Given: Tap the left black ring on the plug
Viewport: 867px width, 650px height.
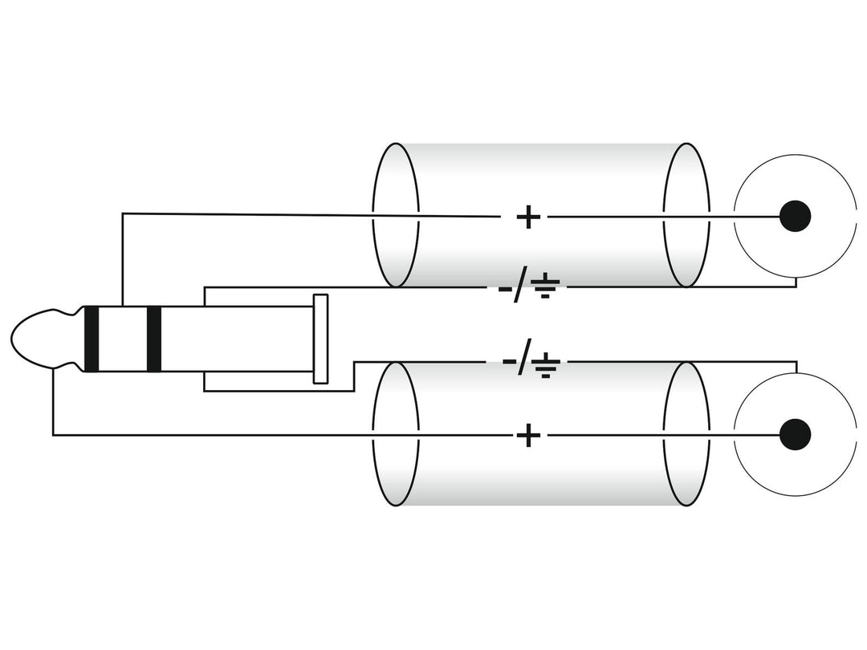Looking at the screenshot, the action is click(x=92, y=339).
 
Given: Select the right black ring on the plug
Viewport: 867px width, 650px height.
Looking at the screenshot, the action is click(x=153, y=339).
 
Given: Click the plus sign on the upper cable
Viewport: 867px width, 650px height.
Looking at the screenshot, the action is click(x=528, y=217).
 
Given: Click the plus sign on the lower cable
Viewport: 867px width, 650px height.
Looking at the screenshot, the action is click(x=528, y=436).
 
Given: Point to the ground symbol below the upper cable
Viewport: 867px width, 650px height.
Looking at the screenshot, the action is click(x=545, y=286).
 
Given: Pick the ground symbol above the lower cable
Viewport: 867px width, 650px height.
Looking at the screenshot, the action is click(x=546, y=364).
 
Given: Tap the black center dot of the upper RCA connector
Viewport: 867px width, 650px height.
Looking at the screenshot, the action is click(x=795, y=216).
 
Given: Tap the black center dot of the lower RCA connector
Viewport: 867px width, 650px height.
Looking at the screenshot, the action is click(x=795, y=434).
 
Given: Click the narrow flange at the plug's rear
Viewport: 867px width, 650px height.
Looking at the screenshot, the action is click(x=320, y=339).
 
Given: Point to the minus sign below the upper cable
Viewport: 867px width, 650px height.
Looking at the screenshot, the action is click(x=506, y=289).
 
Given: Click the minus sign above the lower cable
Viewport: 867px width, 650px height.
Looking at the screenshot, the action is click(x=509, y=363).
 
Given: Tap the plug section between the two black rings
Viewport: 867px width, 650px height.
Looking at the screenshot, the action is click(x=123, y=339).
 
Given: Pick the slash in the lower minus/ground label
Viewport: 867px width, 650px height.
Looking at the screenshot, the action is click(x=524, y=358).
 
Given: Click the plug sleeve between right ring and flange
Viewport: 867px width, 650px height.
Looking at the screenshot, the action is click(x=237, y=339).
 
